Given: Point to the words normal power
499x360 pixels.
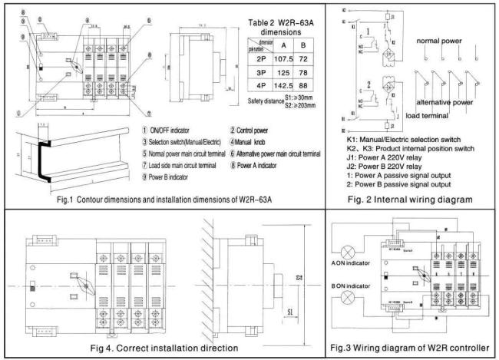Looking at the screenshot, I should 443,39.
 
